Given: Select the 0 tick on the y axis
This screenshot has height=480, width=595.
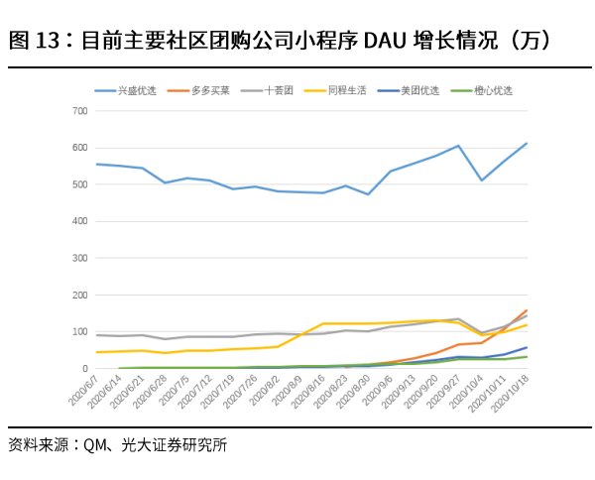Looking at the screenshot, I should point(84,369).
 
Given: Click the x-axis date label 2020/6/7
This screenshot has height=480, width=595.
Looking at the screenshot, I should point(83,391).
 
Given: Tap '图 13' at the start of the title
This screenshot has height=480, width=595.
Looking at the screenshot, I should point(31,41).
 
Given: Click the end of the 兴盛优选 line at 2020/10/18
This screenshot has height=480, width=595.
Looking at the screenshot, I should point(527,143).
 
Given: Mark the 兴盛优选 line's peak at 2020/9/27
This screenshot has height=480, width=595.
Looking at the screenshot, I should point(458,146).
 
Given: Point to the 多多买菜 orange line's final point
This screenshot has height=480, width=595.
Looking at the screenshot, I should point(527,310).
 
